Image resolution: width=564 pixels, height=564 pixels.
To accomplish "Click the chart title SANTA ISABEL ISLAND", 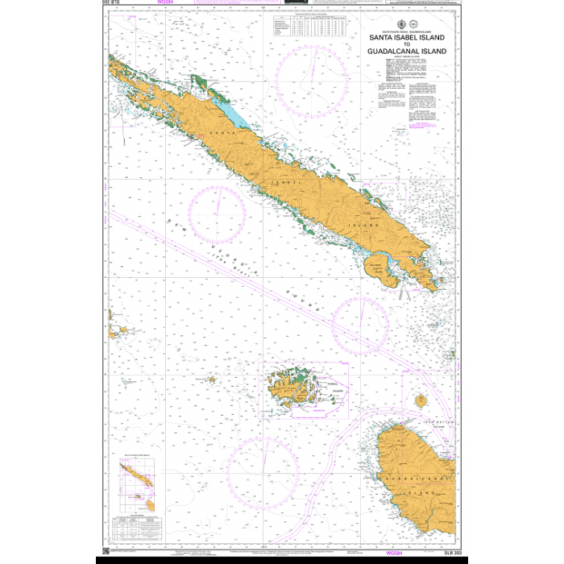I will click(x=407, y=37).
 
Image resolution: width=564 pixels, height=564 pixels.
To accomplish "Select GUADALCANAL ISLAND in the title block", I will click(x=407, y=51).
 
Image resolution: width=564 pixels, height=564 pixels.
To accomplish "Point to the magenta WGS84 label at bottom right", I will click(x=395, y=554).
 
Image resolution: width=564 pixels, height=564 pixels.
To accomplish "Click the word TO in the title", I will click(x=407, y=44).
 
